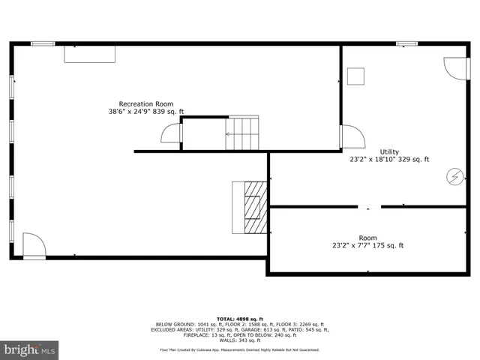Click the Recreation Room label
(x=145, y=103)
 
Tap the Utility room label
(x=389, y=151)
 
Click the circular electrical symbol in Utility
(x=454, y=176)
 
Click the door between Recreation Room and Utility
(x=351, y=136)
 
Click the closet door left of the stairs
(x=172, y=133)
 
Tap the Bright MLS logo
(x=29, y=349)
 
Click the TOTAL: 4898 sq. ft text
(x=239, y=318)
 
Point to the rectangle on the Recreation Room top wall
(x=89, y=53)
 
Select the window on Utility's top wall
(x=407, y=43)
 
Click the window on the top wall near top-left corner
(x=43, y=43)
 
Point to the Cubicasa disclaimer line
(x=239, y=349)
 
